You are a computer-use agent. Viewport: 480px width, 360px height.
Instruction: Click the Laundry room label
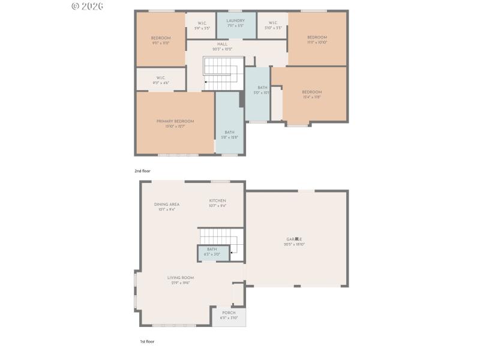[235, 20]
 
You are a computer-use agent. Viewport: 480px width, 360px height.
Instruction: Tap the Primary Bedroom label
[175, 121]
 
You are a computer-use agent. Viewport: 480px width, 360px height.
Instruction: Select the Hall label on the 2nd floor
[222, 44]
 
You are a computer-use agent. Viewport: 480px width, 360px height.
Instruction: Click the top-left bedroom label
[160, 38]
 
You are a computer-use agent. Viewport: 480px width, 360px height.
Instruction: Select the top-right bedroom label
[317, 37]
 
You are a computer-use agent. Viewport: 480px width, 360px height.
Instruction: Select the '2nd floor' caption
[143, 171]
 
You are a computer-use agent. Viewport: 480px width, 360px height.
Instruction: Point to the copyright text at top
[88, 6]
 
